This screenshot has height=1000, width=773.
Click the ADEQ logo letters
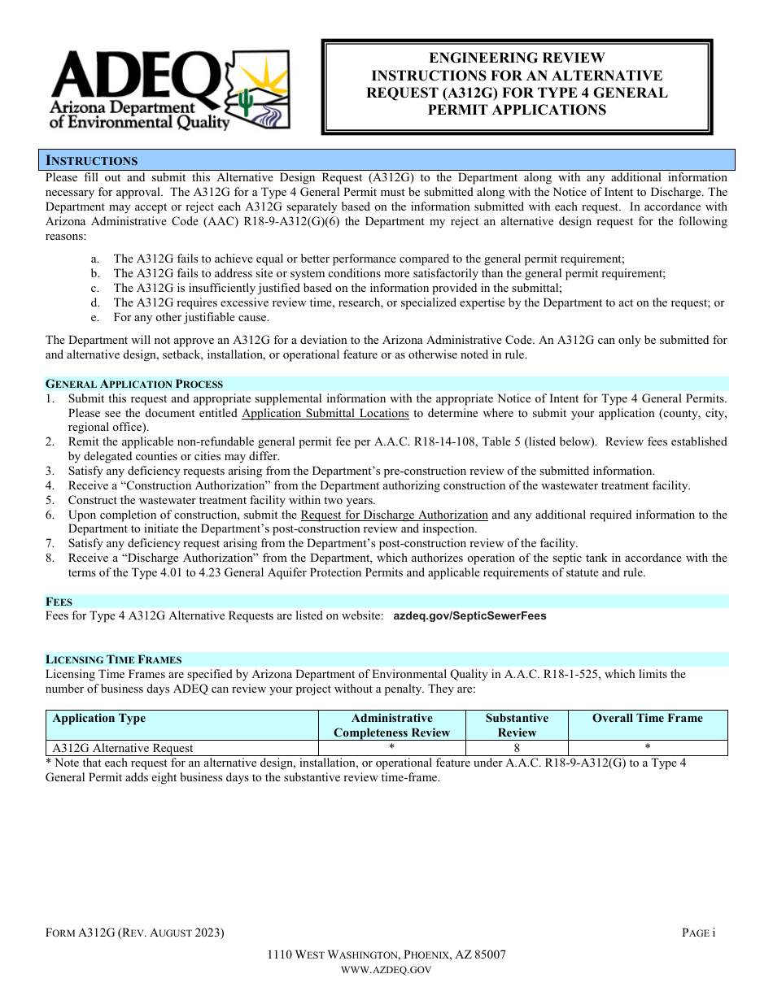(x=134, y=76)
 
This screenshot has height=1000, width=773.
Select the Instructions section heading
(x=91, y=160)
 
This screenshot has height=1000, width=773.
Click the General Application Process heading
(x=134, y=384)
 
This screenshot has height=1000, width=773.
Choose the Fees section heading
(x=59, y=602)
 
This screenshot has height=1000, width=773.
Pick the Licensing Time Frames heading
(x=114, y=659)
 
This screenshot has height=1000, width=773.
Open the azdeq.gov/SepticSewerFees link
(x=469, y=616)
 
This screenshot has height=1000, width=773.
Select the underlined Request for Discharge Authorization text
(x=394, y=515)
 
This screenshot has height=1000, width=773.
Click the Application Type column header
(x=99, y=718)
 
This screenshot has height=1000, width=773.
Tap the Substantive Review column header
(x=517, y=725)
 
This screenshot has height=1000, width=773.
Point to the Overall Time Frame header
(x=647, y=718)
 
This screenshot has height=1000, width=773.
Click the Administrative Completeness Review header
(x=391, y=725)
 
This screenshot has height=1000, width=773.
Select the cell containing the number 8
(x=517, y=748)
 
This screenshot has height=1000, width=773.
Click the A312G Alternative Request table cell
(x=123, y=748)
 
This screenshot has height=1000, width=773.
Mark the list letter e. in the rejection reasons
(x=95, y=318)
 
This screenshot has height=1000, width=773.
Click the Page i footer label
(x=698, y=933)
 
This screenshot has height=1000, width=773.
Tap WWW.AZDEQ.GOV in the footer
(x=386, y=969)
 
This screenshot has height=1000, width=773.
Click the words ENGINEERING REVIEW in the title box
(x=517, y=58)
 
